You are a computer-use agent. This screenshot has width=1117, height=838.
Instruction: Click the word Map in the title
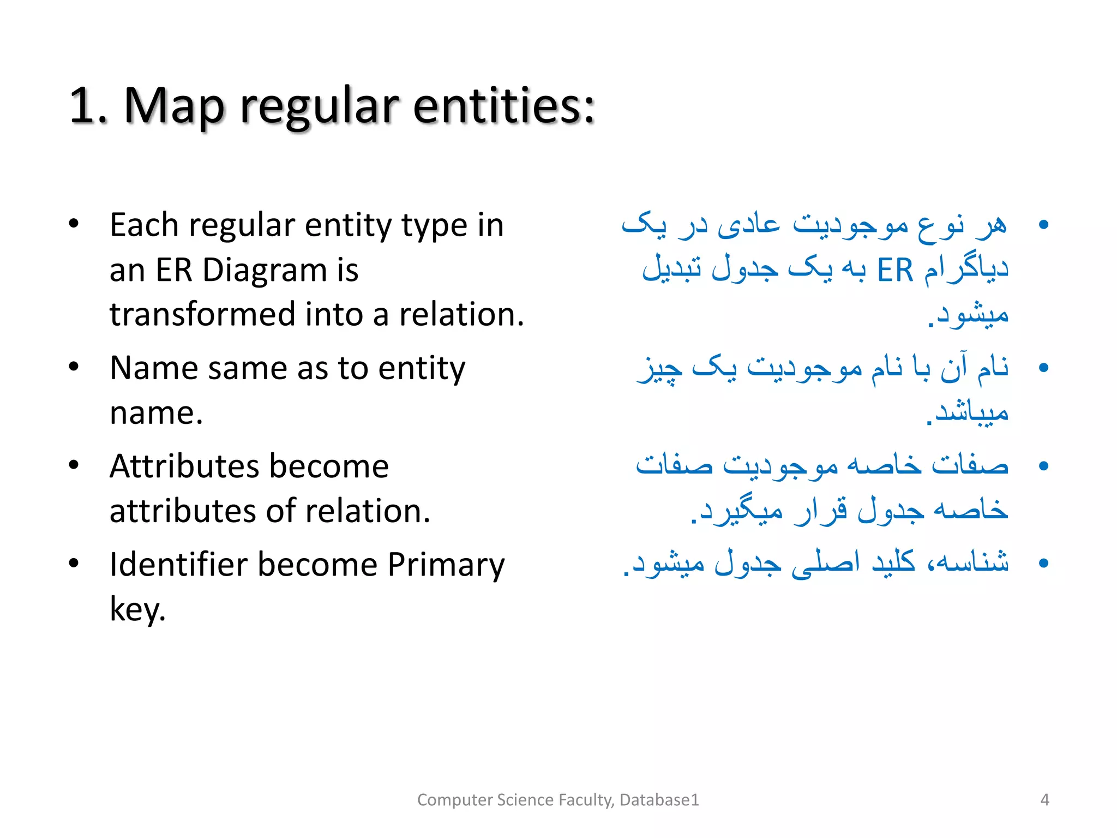click(x=173, y=106)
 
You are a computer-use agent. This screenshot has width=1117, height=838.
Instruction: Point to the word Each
click(x=144, y=225)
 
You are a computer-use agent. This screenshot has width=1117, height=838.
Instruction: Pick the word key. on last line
click(x=137, y=609)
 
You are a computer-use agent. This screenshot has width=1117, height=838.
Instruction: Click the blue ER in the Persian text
click(x=894, y=271)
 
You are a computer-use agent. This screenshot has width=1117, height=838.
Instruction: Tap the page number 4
click(x=1044, y=800)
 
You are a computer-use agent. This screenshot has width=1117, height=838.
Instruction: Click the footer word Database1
click(x=659, y=800)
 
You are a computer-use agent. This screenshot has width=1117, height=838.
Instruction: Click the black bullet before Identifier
click(x=74, y=564)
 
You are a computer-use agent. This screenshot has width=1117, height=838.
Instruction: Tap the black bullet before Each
click(x=74, y=224)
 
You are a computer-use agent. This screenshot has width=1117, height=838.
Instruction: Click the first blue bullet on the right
click(x=1043, y=225)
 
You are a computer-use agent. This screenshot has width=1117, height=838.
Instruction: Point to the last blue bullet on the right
click(x=1043, y=563)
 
